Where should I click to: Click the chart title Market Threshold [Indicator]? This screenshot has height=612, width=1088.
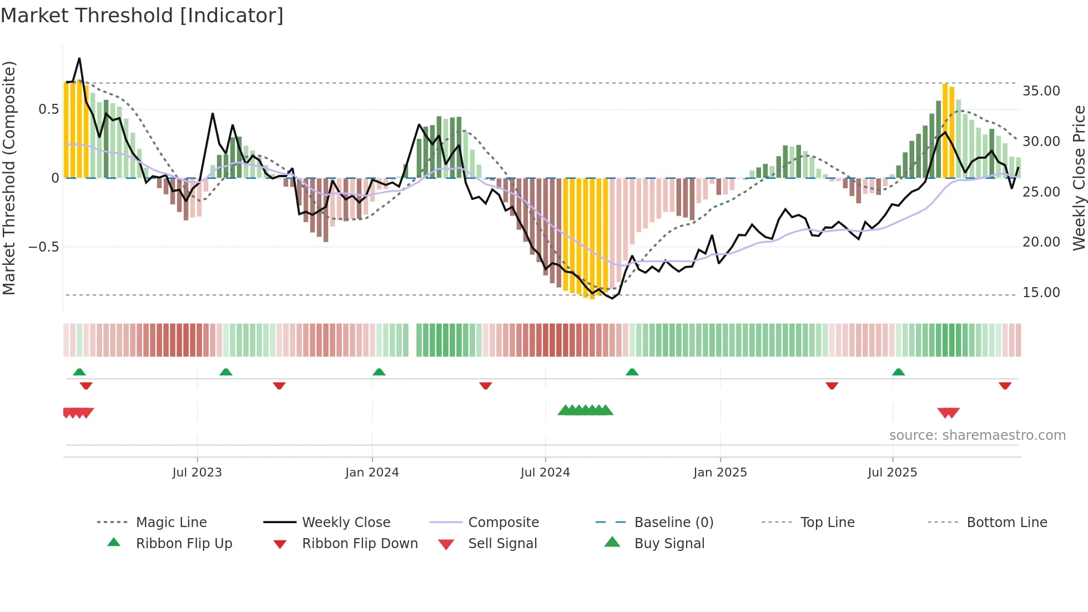point(142,16)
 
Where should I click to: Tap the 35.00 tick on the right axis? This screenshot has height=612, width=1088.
point(1041,91)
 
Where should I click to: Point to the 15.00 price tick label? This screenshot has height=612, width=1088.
point(1041,293)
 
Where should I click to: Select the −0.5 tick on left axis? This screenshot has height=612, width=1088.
point(43,247)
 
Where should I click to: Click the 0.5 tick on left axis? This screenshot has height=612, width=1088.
point(48,109)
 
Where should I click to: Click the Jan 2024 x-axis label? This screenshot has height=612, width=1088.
point(372,473)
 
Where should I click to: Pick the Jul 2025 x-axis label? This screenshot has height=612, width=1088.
point(892,473)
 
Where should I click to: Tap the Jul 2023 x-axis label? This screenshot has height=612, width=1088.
point(197,473)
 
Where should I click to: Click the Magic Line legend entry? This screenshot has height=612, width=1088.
point(171,523)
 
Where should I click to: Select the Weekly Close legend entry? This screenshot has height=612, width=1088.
point(346,523)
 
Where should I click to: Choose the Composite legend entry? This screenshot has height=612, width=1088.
point(503,523)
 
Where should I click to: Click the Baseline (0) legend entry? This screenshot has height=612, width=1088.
point(673,523)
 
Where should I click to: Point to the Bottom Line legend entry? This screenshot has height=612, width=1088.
point(1006,523)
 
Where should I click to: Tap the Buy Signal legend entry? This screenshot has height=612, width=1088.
point(669,544)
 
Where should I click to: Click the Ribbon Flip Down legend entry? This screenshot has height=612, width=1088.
point(359,544)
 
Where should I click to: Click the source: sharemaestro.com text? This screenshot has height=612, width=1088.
point(977,435)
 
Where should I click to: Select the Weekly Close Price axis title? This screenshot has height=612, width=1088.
point(1079,178)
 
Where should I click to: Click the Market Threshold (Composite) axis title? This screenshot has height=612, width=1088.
point(9,178)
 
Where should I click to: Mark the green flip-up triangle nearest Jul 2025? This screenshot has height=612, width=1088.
point(898,372)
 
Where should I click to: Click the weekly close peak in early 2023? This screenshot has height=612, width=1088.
point(79,58)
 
